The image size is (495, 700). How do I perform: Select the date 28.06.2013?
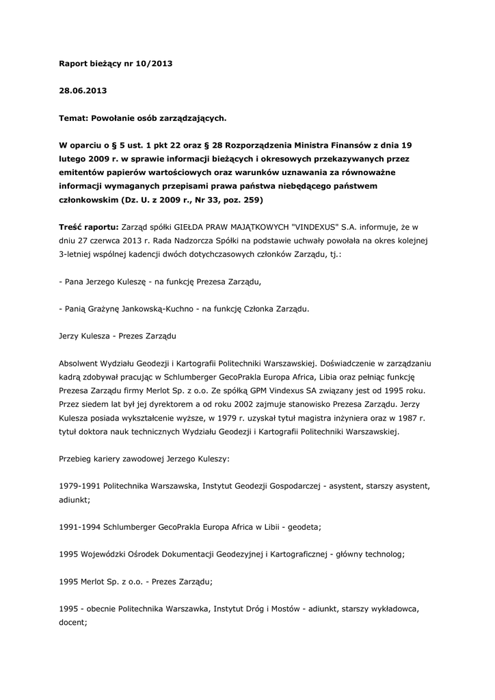(x=83, y=90)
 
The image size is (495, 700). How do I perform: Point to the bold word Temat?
(x=75, y=118)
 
